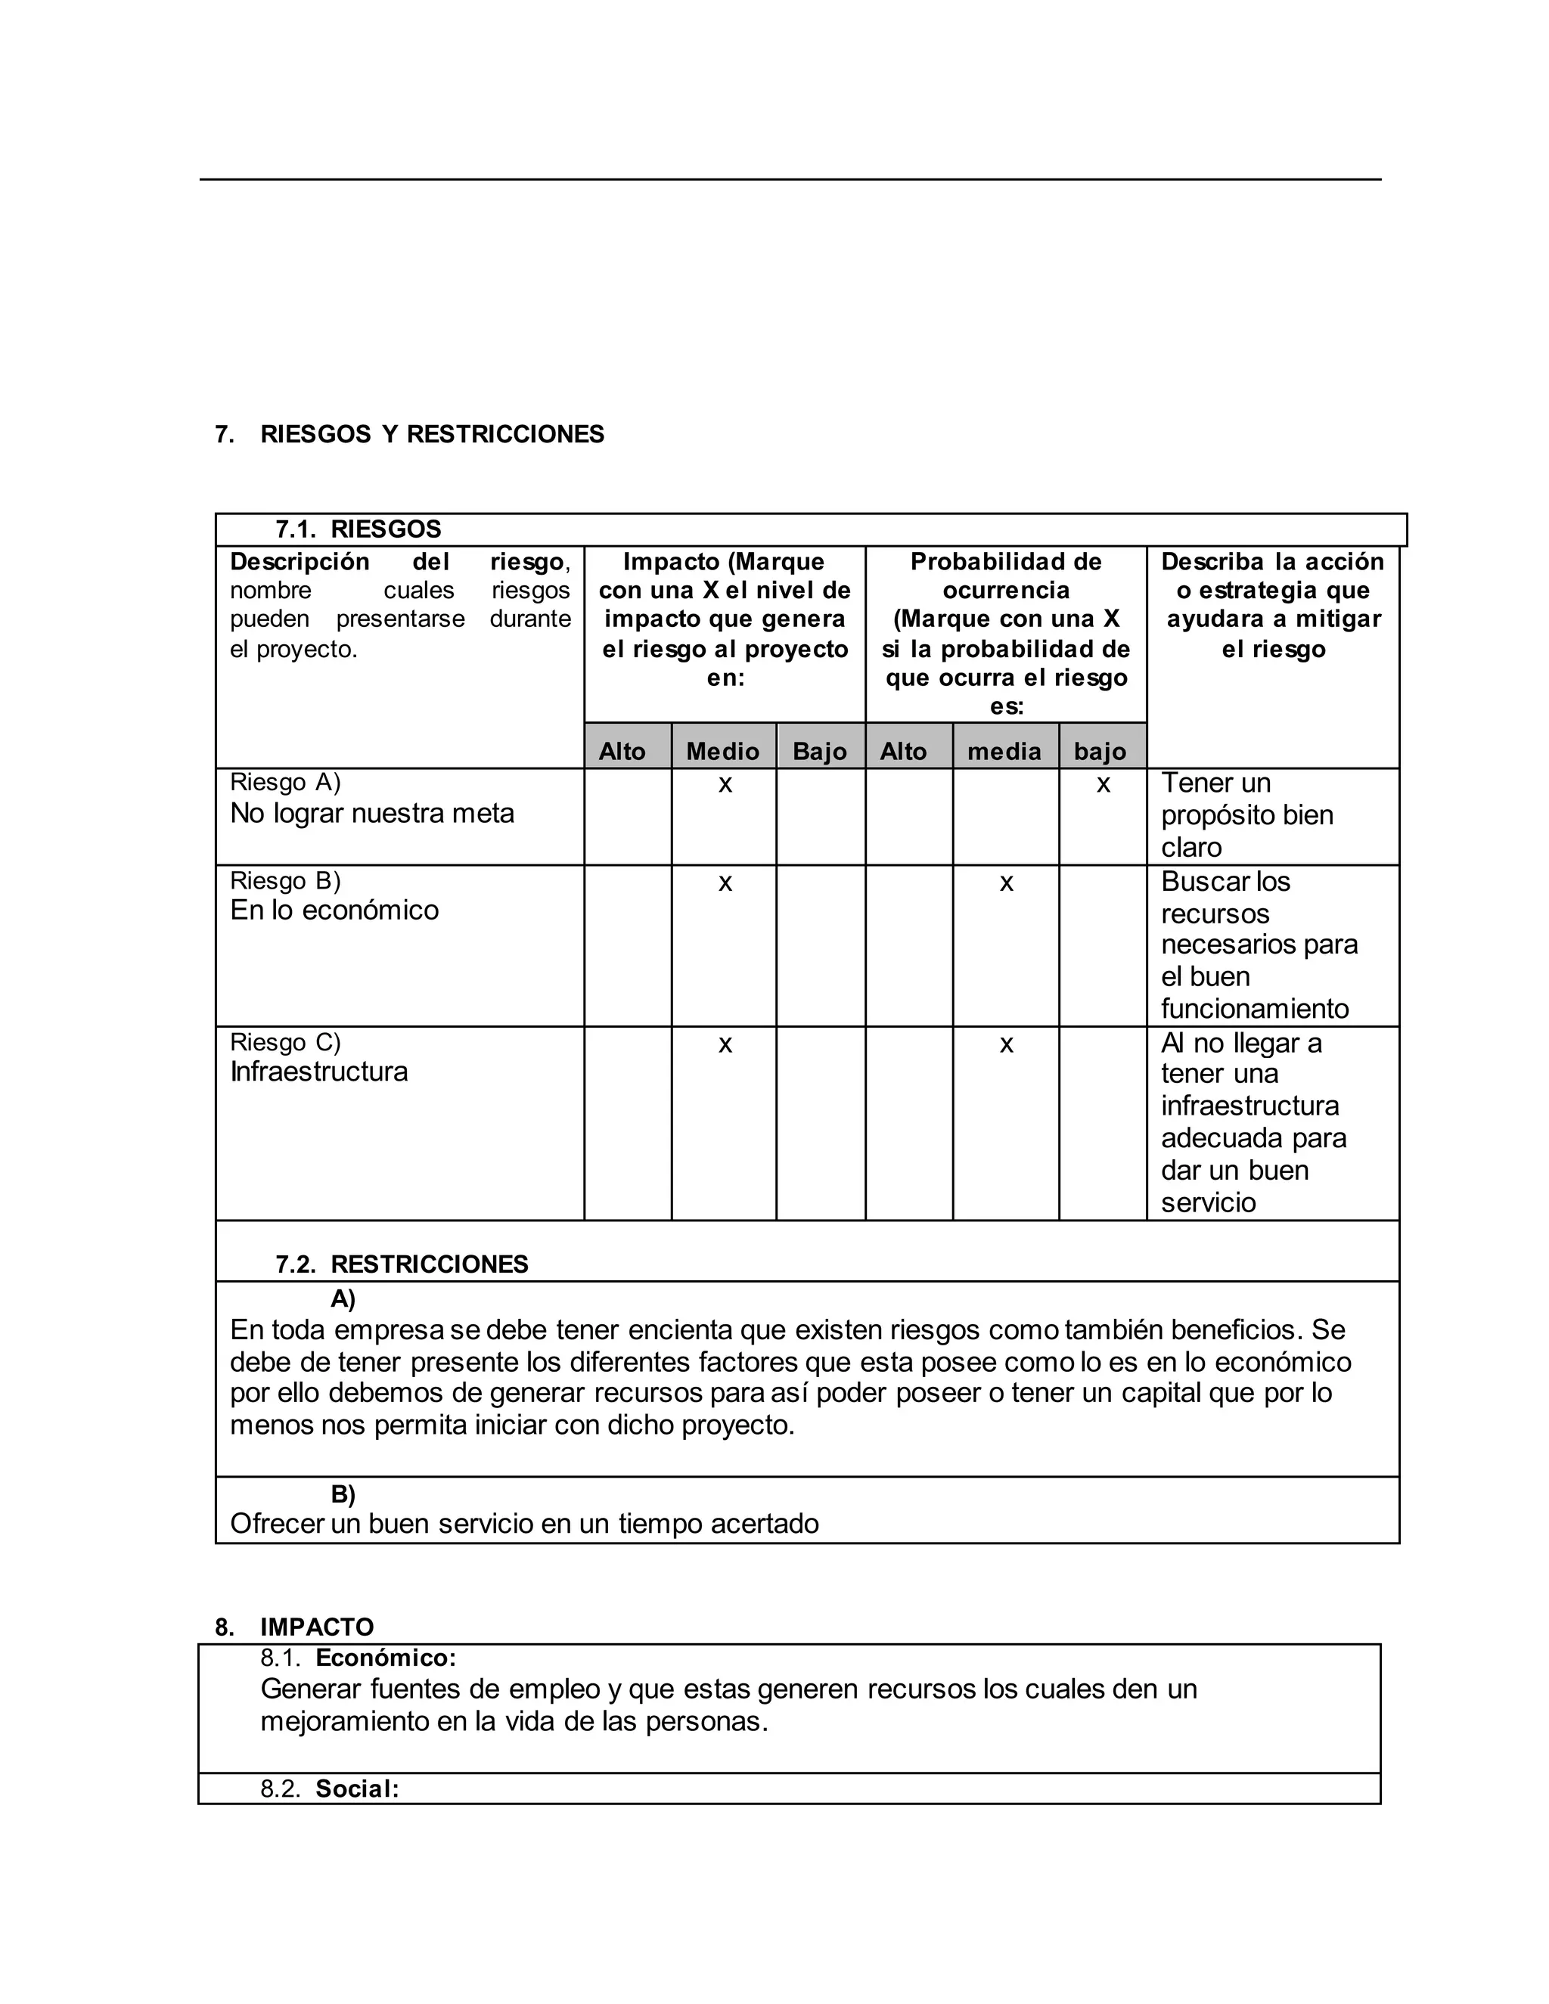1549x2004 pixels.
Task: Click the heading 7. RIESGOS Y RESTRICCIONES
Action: coord(409,434)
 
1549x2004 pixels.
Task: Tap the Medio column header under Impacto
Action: coord(722,752)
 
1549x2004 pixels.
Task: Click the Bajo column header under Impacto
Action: coord(819,752)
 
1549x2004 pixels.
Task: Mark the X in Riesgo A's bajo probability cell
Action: coord(1103,784)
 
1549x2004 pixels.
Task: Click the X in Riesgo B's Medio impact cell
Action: coord(725,883)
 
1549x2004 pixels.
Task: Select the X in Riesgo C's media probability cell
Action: coord(1006,1044)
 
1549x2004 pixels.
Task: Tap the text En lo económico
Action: coord(334,910)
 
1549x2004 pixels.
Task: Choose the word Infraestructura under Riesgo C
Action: coord(318,1072)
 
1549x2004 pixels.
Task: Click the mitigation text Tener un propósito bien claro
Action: coord(1246,814)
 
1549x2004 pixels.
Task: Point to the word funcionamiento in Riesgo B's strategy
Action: coord(1255,1008)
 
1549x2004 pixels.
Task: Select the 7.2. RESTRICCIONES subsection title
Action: coord(402,1264)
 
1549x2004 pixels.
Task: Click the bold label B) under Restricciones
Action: coord(343,1495)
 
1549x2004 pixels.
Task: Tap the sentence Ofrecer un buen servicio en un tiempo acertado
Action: coord(524,1524)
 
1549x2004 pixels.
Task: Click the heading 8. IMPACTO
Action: coord(294,1627)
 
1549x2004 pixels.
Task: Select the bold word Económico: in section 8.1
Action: coord(386,1657)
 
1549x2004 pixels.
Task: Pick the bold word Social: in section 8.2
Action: coord(357,1788)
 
